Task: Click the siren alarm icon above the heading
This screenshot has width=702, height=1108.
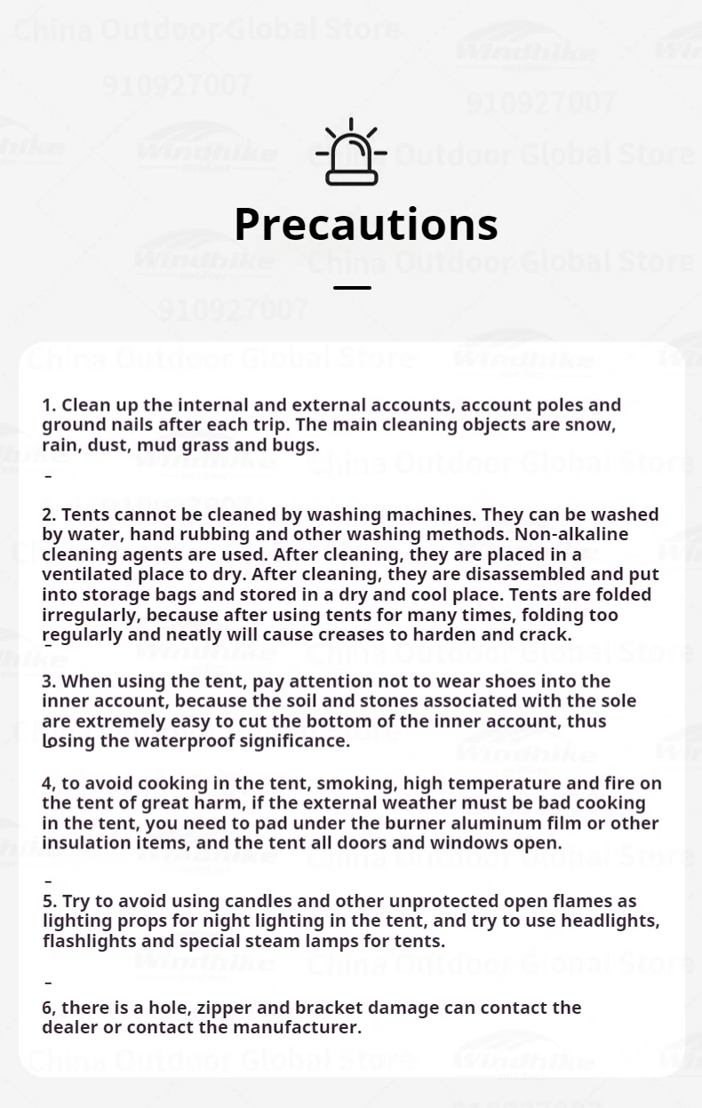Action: coord(352,153)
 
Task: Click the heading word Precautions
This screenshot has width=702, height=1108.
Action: coord(365,224)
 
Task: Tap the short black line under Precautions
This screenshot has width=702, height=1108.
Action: coord(352,288)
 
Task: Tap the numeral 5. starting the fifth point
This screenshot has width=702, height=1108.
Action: coord(50,901)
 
